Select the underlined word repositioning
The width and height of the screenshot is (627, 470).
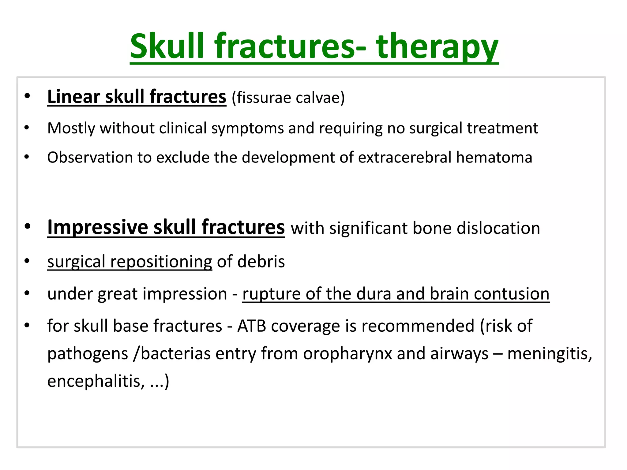[x=161, y=262]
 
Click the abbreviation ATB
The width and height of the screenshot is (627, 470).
[x=251, y=326]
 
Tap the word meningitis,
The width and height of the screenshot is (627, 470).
[x=550, y=354]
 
